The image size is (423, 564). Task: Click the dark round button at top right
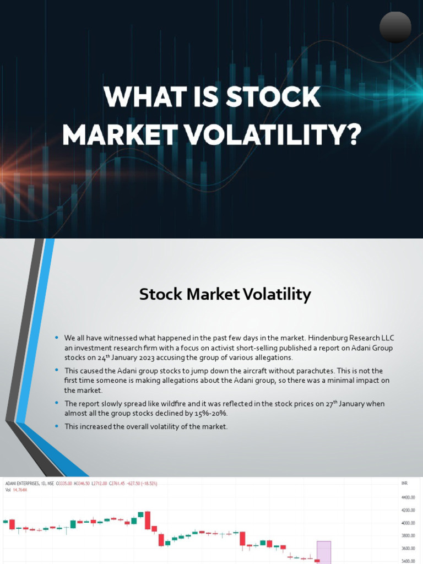pos(395,27)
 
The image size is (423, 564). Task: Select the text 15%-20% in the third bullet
pos(213,413)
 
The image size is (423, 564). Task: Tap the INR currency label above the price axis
pos(405,483)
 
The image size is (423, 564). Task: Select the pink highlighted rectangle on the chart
pos(324,552)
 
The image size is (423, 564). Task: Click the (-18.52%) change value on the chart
pos(163,483)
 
